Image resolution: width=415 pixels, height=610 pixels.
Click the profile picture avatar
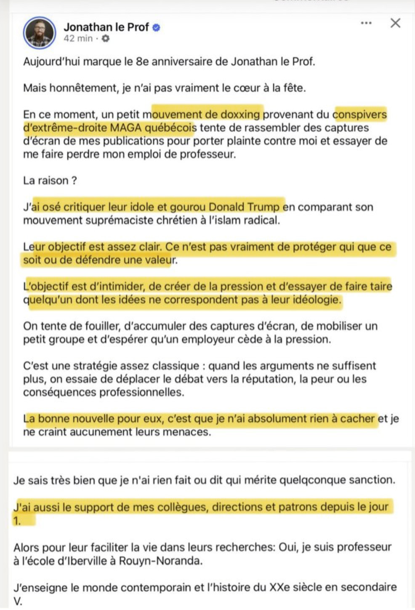pyautogui.click(x=40, y=33)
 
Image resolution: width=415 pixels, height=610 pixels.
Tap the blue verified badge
pyautogui.click(x=156, y=28)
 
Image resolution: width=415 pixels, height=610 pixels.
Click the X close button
pyautogui.click(x=395, y=23)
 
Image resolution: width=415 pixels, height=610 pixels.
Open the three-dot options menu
pyautogui.click(x=366, y=23)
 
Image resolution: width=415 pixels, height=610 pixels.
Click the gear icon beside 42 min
pyautogui.click(x=105, y=39)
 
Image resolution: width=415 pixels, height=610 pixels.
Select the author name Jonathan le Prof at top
pyautogui.click(x=106, y=27)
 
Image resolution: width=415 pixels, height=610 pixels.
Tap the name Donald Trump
pyautogui.click(x=244, y=207)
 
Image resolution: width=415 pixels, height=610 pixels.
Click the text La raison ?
pyautogui.click(x=50, y=181)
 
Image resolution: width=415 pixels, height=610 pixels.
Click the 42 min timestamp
pyautogui.click(x=78, y=39)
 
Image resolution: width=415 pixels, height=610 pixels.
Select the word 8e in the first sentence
pyautogui.click(x=142, y=62)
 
